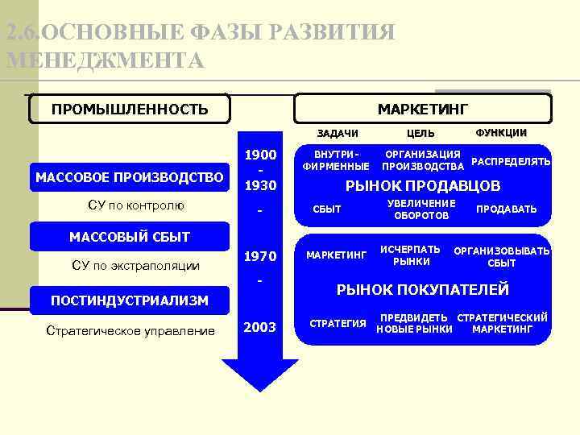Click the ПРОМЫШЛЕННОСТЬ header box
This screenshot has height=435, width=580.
pos(130,109)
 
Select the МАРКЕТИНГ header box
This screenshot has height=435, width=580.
pos(423,109)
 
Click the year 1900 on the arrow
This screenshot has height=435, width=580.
pos(260,155)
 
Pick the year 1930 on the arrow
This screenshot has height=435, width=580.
pos(260,185)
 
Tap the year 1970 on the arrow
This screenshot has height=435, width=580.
pos(260,257)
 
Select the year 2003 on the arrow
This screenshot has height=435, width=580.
pos(260,327)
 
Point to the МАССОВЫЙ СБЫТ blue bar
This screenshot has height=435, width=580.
pos(130,236)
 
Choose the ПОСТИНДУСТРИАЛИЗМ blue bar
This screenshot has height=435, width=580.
pos(130,300)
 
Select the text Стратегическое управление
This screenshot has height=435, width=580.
pos(130,330)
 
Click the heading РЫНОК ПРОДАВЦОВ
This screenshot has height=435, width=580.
pos(423,186)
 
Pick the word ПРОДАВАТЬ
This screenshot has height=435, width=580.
pos(506,209)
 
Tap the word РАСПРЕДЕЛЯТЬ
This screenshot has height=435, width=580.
pos(511,161)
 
